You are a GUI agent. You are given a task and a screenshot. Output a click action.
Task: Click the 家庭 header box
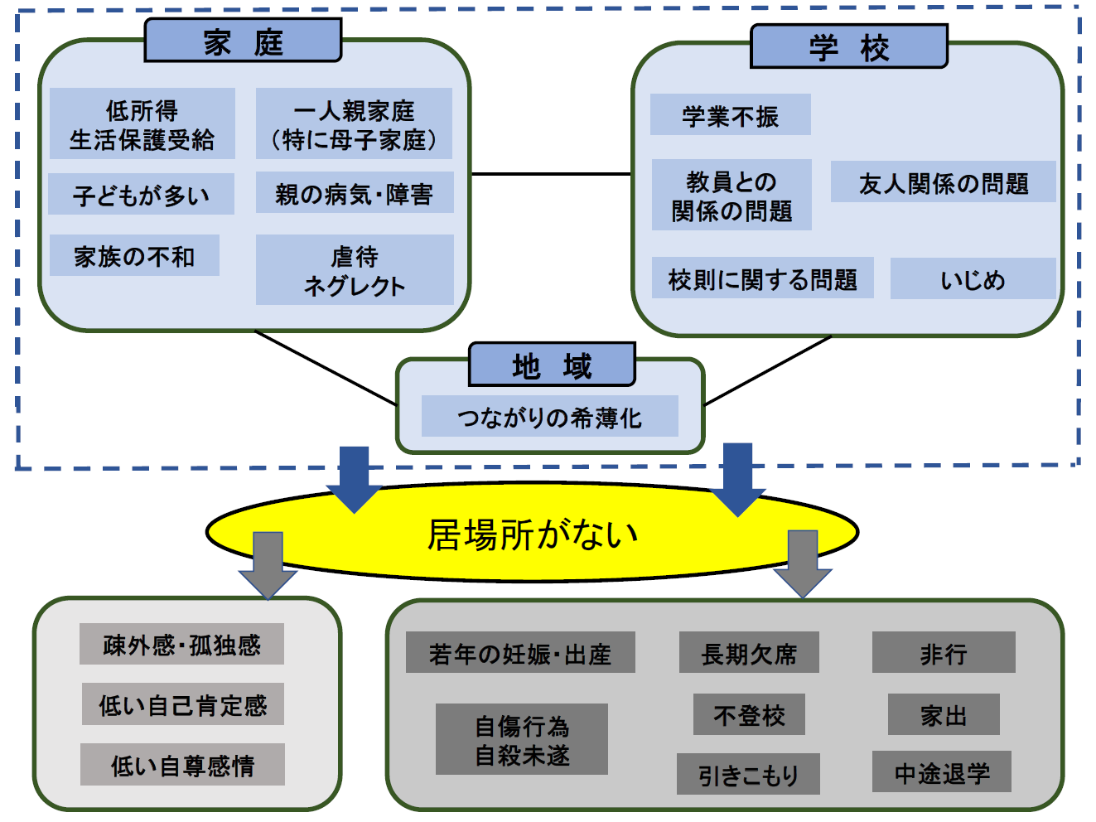click(x=243, y=41)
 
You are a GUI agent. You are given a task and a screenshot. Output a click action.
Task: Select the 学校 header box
click(x=848, y=46)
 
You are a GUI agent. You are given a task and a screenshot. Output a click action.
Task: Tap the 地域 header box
click(x=552, y=365)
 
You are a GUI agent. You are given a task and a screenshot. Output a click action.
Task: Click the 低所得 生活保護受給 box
click(x=142, y=124)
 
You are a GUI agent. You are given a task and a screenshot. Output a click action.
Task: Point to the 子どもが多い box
click(x=141, y=195)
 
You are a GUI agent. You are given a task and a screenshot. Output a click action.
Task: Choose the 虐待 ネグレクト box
click(x=355, y=270)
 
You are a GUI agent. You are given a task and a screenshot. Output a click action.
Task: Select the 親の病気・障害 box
click(x=355, y=193)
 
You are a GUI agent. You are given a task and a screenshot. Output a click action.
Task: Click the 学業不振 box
click(x=730, y=115)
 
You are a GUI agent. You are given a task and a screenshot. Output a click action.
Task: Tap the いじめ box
click(x=973, y=279)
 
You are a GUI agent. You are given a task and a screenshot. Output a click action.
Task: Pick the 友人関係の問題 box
click(x=943, y=182)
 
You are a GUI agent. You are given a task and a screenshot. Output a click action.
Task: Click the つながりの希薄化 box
click(x=549, y=417)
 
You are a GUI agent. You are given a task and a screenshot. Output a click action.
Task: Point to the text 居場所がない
click(x=532, y=534)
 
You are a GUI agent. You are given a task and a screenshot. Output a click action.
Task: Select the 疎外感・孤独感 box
click(x=181, y=645)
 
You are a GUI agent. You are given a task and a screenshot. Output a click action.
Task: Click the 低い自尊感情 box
click(x=182, y=765)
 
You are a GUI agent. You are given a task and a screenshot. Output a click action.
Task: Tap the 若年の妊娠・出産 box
click(x=520, y=653)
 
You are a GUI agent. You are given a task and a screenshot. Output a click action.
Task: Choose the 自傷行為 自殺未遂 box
click(x=522, y=740)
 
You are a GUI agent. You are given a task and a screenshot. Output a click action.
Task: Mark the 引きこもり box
click(x=748, y=775)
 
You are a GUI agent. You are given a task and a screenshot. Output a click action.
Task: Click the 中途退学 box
click(x=942, y=772)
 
